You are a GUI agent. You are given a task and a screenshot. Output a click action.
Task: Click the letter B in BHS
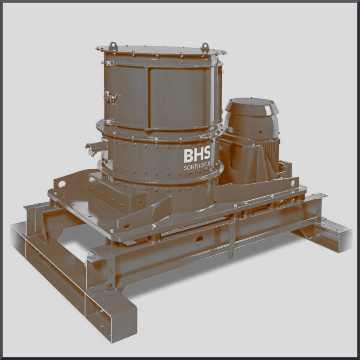pos(189,156)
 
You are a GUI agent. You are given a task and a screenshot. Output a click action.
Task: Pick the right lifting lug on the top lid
pos(205,48)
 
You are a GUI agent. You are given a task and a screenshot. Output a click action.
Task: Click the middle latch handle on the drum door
pos(111,97)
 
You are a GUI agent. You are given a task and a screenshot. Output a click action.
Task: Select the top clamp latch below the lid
pos(108,63)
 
